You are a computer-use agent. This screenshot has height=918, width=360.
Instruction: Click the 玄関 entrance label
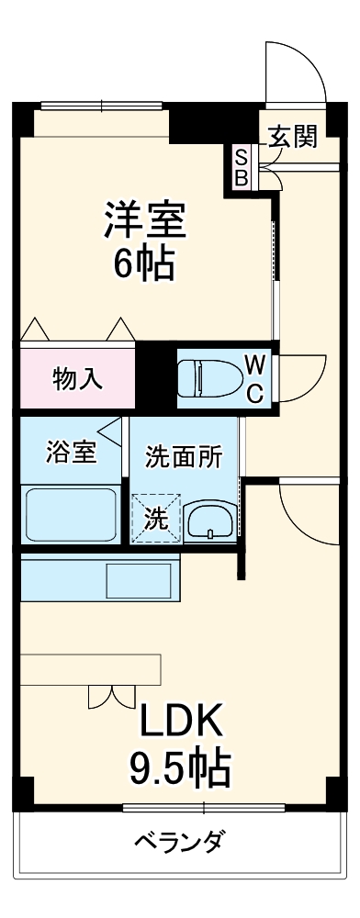tap(293, 137)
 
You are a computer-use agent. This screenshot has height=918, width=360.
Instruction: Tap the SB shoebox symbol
tap(241, 167)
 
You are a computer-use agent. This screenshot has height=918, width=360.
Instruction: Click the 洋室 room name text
tap(144, 220)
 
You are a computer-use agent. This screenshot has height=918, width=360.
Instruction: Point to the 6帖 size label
tap(144, 264)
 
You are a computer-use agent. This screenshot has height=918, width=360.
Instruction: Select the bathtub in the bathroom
tap(71, 515)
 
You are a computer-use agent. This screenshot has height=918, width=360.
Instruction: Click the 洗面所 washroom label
tap(184, 457)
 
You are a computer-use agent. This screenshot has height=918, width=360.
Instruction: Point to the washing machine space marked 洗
tap(157, 519)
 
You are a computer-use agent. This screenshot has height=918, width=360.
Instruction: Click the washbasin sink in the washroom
tap(210, 521)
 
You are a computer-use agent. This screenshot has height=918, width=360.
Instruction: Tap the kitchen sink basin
tap(139, 580)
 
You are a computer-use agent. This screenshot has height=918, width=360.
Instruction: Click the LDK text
tap(182, 723)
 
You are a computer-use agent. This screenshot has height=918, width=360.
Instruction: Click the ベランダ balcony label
tap(180, 843)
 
